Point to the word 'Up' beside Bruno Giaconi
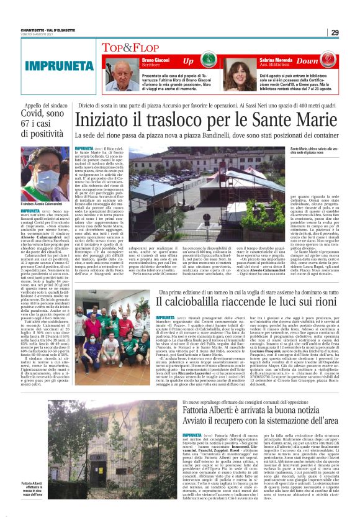(x=187, y=61)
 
